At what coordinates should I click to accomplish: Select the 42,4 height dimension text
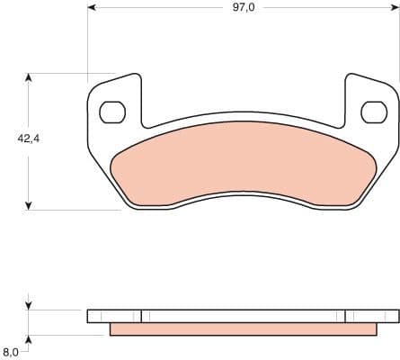tap(29, 139)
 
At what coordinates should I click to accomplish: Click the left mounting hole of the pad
tap(111, 112)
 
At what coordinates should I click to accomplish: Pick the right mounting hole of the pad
tap(372, 112)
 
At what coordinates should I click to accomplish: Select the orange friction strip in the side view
tap(243, 329)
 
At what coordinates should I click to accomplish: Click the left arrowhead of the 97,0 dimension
tap(93, 10)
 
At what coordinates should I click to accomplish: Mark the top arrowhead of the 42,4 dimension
tap(30, 78)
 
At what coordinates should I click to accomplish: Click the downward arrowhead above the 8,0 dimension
tap(30, 304)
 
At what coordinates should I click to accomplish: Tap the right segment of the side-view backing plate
tap(371, 316)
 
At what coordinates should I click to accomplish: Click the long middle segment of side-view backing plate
tap(243, 316)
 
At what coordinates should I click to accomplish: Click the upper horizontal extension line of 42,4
tap(72, 73)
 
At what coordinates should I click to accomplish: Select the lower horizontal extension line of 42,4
tap(72, 210)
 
